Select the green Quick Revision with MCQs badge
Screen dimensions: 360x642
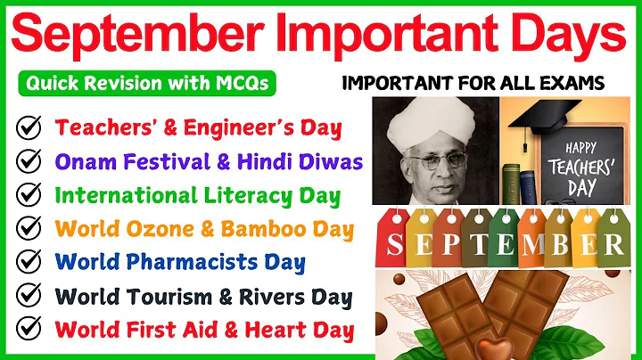pos(145,84)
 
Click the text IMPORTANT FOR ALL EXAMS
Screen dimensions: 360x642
pos(473,84)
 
